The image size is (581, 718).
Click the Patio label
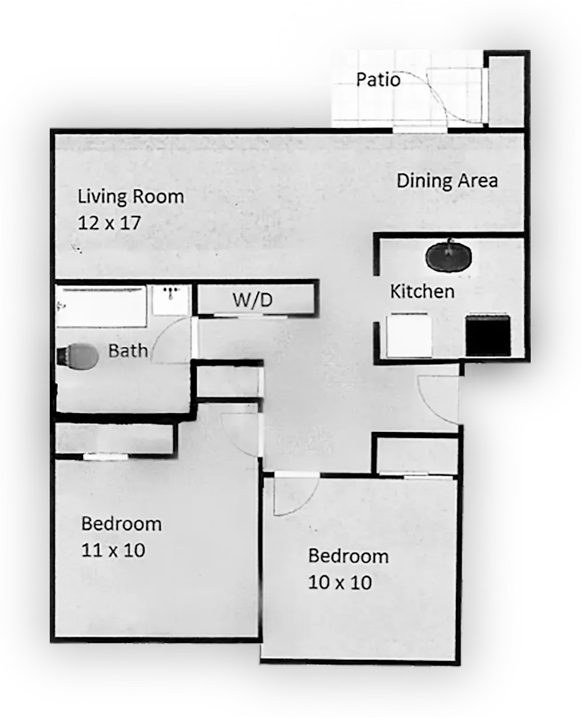[x=378, y=79]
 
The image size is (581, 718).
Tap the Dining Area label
[x=447, y=181]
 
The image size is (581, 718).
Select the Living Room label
[x=131, y=197]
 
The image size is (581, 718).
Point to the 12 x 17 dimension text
[x=109, y=222]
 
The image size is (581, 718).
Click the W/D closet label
[x=252, y=299]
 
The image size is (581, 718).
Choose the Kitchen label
[x=422, y=291]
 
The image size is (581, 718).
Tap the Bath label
[x=128, y=350]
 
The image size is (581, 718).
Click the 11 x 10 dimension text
[x=113, y=550]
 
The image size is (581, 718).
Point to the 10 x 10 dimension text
[x=340, y=582]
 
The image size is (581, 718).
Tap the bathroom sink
[x=170, y=299]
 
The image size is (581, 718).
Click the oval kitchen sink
[x=449, y=257]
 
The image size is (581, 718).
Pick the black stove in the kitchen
[x=487, y=335]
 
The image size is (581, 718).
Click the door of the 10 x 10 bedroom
[x=294, y=495]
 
